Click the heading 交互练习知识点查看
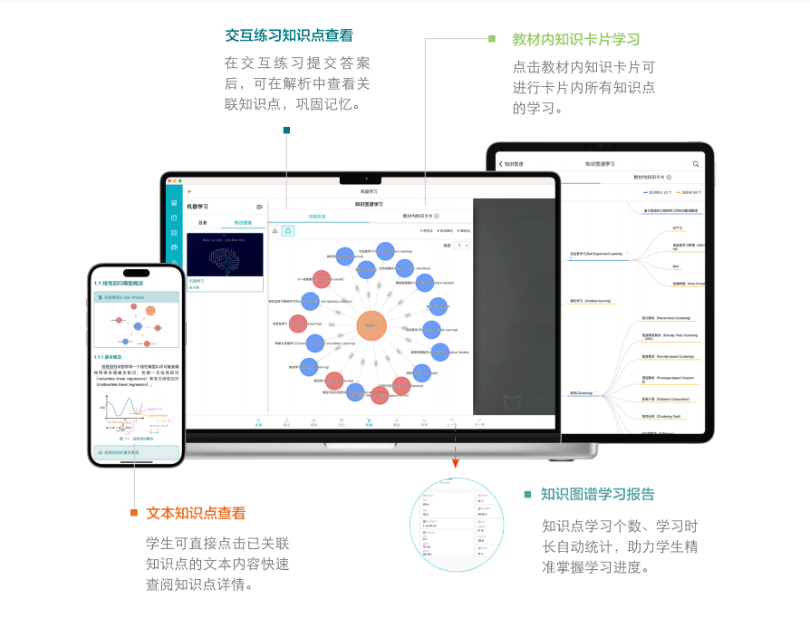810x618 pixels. click(289, 36)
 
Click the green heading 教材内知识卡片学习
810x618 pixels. click(575, 40)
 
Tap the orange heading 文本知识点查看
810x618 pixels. click(196, 513)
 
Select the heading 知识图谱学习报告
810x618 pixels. click(597, 494)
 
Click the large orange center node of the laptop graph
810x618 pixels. click(371, 325)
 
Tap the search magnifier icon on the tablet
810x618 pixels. click(696, 164)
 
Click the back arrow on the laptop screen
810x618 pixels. click(189, 192)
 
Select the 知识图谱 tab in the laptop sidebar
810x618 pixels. click(244, 222)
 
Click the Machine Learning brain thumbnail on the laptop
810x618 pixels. click(225, 255)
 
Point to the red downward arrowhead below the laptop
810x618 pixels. click(456, 463)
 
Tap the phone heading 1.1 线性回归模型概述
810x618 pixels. click(126, 283)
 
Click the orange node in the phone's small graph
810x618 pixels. click(150, 310)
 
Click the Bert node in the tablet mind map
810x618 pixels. click(676, 266)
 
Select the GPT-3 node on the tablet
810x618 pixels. click(677, 228)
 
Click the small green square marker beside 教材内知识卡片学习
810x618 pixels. click(492, 39)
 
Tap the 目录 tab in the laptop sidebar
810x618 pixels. click(203, 222)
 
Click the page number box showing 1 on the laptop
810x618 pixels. click(461, 246)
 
